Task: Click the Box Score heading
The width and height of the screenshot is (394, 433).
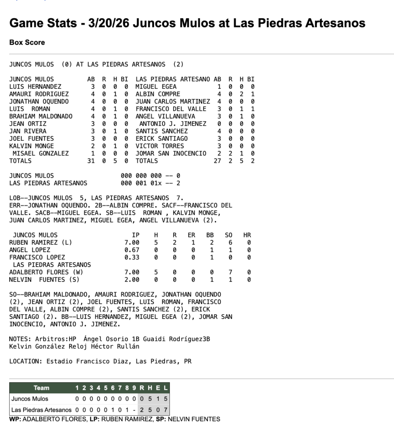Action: point(27,43)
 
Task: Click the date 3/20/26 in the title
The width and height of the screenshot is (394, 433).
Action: point(109,23)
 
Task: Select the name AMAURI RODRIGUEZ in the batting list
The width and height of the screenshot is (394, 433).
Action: point(39,94)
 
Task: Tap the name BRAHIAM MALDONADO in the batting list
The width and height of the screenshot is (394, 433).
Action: point(41,116)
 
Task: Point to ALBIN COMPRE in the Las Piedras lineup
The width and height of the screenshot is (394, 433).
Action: point(158,94)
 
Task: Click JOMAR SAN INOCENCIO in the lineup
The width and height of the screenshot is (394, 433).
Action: point(171,153)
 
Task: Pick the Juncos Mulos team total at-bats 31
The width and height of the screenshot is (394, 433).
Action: point(91,161)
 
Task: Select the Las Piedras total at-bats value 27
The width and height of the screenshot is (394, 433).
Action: point(217,161)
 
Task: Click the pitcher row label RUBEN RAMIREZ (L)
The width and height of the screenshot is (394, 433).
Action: point(41,243)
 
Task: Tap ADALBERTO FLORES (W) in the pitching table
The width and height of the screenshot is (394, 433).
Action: point(46,272)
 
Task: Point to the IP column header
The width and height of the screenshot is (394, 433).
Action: point(136,235)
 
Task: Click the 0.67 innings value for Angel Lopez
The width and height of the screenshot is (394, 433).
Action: point(132,250)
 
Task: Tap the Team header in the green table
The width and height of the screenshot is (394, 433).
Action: point(41,388)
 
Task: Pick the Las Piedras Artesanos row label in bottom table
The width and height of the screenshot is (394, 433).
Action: point(41,410)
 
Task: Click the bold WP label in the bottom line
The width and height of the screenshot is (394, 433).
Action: point(14,419)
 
